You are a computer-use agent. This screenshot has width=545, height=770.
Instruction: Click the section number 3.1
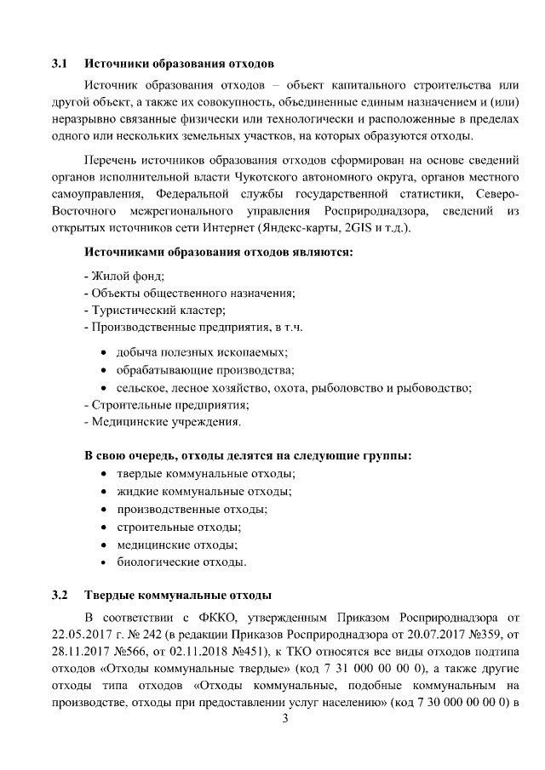click(x=60, y=64)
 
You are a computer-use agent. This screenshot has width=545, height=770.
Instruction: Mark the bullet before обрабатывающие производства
click(x=104, y=369)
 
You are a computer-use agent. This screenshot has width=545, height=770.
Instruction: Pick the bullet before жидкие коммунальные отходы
click(x=104, y=492)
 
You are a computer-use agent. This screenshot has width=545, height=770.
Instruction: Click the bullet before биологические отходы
click(x=104, y=562)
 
